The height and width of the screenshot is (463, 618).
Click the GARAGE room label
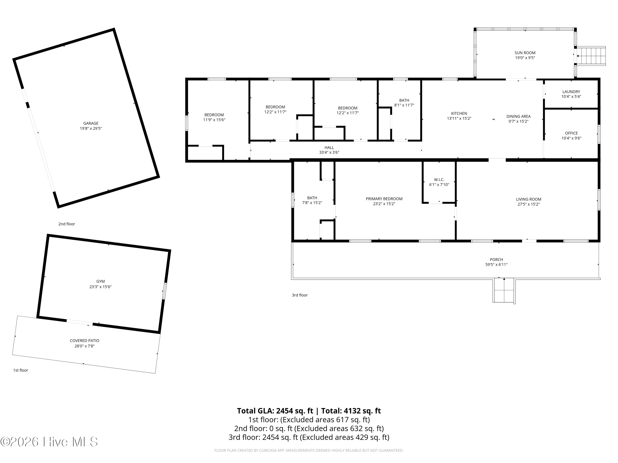(91, 123)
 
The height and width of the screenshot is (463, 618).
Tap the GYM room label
(101, 281)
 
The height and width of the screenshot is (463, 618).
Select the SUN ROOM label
(525, 53)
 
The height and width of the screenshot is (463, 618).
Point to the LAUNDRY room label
(571, 92)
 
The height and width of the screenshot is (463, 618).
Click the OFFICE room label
(571, 133)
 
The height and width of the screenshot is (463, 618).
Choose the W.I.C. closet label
(439, 180)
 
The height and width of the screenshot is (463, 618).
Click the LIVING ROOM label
(528, 199)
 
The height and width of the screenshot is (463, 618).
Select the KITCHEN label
(459, 113)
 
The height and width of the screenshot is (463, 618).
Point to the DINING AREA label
(518, 116)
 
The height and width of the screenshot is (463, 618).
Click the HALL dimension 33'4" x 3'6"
(329, 152)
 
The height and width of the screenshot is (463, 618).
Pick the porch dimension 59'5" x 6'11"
(496, 265)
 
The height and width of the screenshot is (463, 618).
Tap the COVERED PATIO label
(84, 341)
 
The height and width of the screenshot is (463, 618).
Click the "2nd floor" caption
(67, 224)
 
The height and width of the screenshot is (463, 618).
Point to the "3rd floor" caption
(300, 295)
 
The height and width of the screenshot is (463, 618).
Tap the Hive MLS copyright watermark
(49, 442)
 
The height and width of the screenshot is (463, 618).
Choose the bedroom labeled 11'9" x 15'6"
(214, 117)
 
